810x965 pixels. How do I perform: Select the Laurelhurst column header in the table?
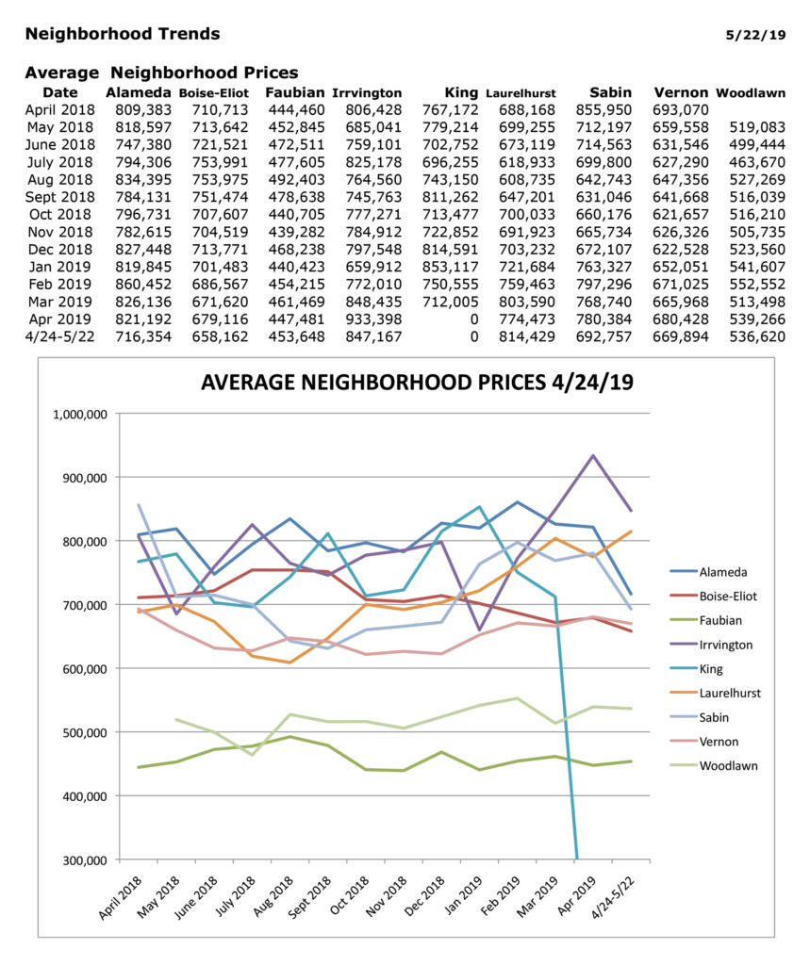click(x=521, y=93)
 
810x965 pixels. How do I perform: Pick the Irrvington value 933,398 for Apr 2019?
click(x=372, y=319)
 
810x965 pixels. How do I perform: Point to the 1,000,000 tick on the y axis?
click(x=83, y=414)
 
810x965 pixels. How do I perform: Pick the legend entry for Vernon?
click(x=719, y=742)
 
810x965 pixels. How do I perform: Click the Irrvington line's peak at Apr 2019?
click(x=593, y=456)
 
